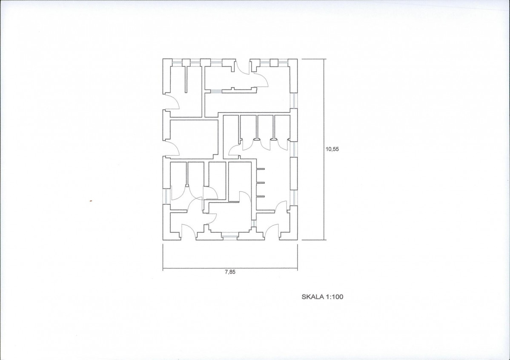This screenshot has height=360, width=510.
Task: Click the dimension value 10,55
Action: (x=332, y=149)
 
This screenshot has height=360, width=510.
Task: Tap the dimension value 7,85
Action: (x=230, y=272)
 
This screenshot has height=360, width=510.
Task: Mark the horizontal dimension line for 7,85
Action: (x=230, y=268)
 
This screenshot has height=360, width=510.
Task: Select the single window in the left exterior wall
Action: (x=166, y=196)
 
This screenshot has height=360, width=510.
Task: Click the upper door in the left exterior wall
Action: (x=171, y=101)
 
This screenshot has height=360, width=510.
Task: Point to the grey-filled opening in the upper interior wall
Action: (x=216, y=91)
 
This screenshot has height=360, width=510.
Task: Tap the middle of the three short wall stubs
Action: (x=261, y=183)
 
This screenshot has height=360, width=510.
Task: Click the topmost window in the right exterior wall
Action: (x=293, y=101)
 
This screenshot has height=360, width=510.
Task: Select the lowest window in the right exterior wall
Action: (x=293, y=198)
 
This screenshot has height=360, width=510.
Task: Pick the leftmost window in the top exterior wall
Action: (x=177, y=63)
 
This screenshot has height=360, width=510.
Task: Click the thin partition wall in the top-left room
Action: (x=186, y=79)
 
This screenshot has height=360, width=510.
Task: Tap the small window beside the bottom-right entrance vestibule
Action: (x=254, y=223)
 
